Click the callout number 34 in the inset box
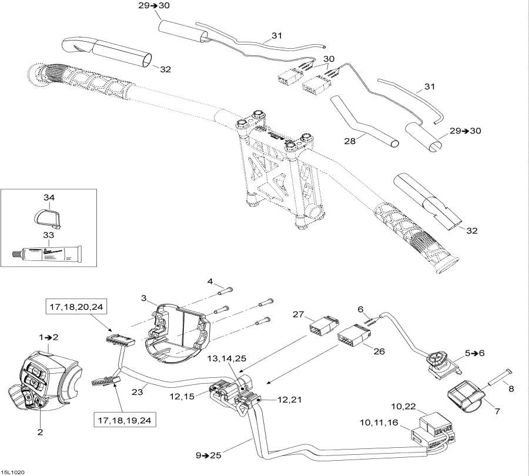pos(49,197)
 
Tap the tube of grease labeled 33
pos(47,254)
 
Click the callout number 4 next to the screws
pos(210,281)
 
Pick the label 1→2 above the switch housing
pos(49,338)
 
